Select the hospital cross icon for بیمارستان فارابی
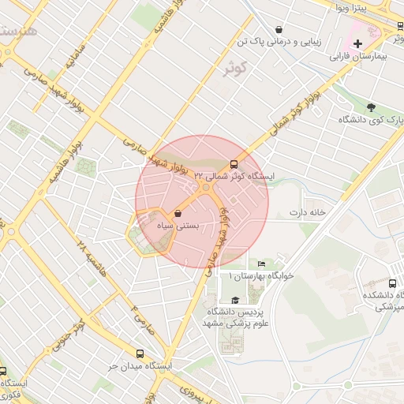(x=358, y=43)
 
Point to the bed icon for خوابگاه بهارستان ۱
(x=262, y=264)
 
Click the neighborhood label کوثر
(x=236, y=68)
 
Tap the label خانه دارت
(x=307, y=213)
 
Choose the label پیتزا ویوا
(x=350, y=8)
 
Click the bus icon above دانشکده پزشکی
(x=392, y=283)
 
